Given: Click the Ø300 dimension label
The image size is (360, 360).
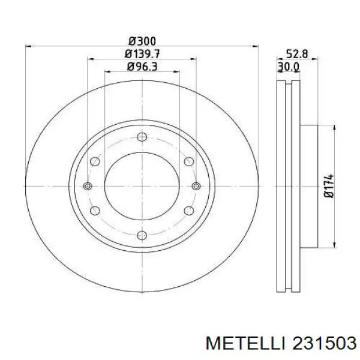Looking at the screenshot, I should point(142,41).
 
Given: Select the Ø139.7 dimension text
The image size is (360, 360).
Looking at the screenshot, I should point(142,54).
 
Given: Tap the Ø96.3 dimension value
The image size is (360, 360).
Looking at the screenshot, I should point(142,67).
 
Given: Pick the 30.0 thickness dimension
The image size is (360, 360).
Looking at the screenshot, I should point(289,67).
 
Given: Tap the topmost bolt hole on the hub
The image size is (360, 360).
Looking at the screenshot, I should point(142,137).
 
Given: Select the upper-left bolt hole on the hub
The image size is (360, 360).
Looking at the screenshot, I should point(95,161).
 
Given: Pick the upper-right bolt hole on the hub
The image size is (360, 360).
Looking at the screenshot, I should point(189,161).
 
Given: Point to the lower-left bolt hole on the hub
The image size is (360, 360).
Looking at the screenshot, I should point(95,211).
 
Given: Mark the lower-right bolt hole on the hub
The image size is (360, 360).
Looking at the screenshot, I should point(189,211).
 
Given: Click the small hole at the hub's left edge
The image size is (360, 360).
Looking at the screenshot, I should point(88,186).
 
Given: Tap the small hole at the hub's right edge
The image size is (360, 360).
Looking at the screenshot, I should point(196,186).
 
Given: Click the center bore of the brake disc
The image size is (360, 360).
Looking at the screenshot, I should point(142,186).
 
